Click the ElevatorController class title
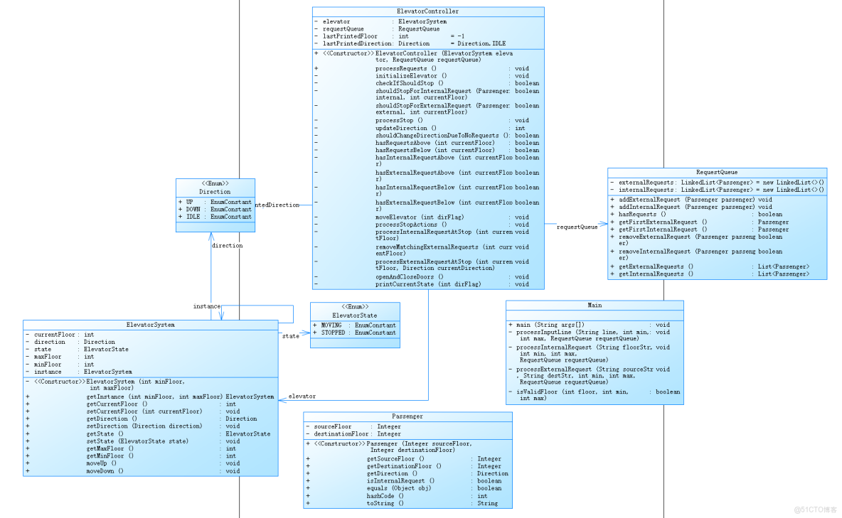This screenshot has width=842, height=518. pos(427,11)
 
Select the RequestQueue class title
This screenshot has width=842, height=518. pos(716,172)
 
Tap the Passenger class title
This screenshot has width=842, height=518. pos(407,416)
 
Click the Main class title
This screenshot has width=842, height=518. pos(595,305)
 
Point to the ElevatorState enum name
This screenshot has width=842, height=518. pos(354,315)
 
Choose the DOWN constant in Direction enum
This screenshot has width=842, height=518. pos(194,210)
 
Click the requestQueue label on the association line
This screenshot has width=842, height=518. pos(577,227)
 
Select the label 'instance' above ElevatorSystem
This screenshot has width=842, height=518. pos(206,306)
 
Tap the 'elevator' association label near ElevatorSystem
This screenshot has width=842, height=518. pos(302,396)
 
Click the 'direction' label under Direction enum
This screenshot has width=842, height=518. pos(227,246)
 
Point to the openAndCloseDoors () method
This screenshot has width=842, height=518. pos(409,277)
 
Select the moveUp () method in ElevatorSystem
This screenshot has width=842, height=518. pos(102,463)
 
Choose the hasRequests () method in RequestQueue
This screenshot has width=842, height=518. pos(641,214)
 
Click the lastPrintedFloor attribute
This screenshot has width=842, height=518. pos(350,36)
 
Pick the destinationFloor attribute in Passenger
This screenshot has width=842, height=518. pos(341,433)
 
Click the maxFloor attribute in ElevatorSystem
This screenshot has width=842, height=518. pos(48,357)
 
